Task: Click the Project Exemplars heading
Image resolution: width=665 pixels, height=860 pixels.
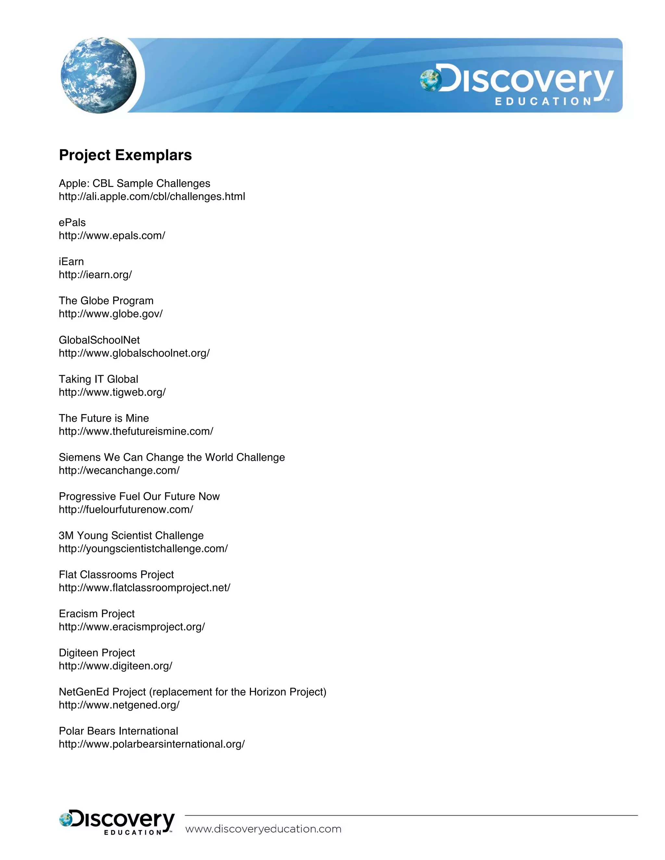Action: tap(125, 155)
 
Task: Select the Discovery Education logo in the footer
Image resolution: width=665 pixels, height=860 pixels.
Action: tap(117, 822)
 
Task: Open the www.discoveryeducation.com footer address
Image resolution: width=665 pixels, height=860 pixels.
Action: tap(263, 829)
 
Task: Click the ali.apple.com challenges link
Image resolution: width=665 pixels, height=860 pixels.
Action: tap(152, 196)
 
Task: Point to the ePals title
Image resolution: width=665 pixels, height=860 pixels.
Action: tap(72, 223)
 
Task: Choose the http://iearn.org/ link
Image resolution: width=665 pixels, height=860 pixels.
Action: tap(95, 275)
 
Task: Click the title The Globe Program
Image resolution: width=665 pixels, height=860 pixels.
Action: tap(106, 301)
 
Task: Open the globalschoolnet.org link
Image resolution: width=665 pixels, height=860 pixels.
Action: tap(134, 353)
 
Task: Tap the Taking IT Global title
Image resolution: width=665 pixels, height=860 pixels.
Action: tap(98, 379)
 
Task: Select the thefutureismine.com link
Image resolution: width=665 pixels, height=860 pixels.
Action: tap(136, 432)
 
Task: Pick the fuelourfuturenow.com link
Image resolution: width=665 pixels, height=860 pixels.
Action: tap(126, 510)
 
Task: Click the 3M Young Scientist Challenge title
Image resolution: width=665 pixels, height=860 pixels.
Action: tap(131, 535)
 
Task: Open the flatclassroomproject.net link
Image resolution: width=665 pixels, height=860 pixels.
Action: tap(144, 588)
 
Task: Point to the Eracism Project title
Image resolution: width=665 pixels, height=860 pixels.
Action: tap(96, 614)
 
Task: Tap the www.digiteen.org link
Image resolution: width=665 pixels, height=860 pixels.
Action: tap(115, 666)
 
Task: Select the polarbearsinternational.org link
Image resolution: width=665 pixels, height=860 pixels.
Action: tap(152, 744)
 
